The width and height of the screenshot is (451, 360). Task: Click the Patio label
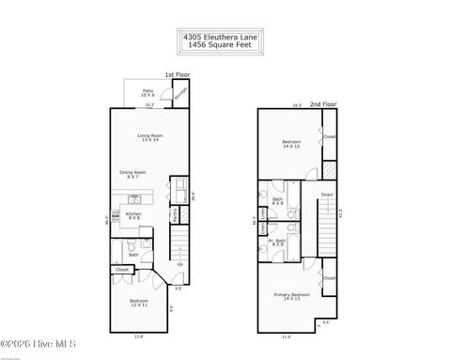coord(148,92)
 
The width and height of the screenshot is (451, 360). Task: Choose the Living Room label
coord(148,138)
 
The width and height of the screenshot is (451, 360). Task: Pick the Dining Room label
coord(132,174)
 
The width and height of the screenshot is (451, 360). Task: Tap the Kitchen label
coord(133,215)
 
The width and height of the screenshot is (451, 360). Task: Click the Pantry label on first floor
coord(175,215)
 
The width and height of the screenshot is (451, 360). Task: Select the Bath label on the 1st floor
coord(133,254)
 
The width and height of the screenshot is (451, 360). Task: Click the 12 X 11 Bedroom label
coord(138,304)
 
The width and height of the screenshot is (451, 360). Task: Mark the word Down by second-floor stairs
coord(326,196)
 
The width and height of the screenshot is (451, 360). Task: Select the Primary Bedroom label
coord(292,296)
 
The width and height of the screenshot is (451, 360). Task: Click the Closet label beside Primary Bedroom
coord(329,279)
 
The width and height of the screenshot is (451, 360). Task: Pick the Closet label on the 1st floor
coord(122,271)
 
